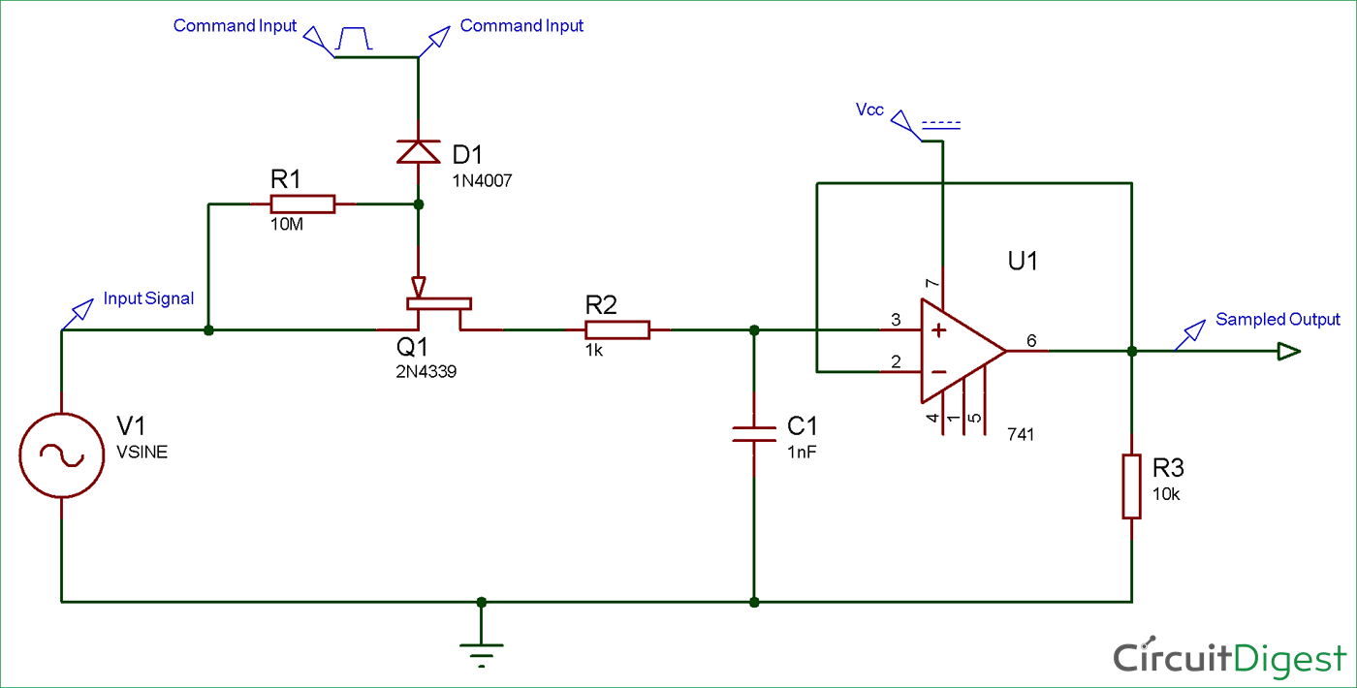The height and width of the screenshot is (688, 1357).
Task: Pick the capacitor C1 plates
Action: coord(754,434)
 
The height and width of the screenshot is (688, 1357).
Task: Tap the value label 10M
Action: coord(287,225)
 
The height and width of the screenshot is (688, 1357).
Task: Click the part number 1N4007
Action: coord(483,180)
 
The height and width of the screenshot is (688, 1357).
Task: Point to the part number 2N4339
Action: coord(426,371)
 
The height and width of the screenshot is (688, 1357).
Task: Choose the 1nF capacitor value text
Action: coord(802,453)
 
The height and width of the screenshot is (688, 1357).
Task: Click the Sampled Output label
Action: coord(1278,319)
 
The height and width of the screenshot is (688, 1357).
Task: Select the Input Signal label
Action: coord(148,298)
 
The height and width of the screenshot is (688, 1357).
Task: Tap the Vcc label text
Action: coord(869,109)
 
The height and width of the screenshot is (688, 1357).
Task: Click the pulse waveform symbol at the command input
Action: coord(354,38)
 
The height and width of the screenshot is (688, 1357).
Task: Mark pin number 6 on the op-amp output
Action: coord(1031,340)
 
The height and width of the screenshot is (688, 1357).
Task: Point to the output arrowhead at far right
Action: coord(1288,351)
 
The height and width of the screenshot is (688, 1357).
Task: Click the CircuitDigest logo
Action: coord(1230,658)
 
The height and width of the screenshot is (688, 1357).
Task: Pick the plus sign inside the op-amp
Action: coord(938,330)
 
